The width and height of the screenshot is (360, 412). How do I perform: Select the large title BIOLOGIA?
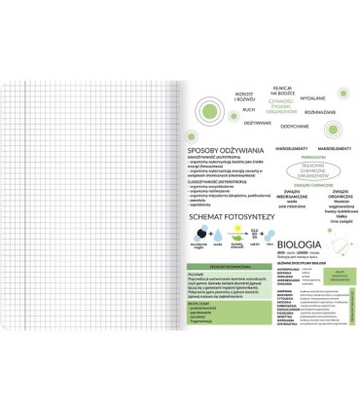point(300,243)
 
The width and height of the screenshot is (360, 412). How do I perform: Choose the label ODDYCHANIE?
point(295,126)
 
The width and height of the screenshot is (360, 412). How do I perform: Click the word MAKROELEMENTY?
point(322,148)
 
